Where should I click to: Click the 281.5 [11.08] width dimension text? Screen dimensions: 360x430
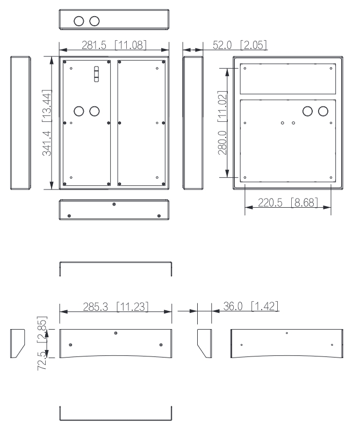pyautogui.click(x=114, y=45)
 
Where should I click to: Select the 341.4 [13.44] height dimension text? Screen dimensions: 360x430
pyautogui.click(x=47, y=122)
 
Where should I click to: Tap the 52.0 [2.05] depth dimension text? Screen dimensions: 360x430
pyautogui.click(x=240, y=45)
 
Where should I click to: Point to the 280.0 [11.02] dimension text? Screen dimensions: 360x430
pyautogui.click(x=222, y=123)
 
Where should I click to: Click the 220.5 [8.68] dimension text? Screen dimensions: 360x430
pyautogui.click(x=288, y=203)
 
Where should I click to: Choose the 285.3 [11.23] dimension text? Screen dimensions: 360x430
pyautogui.click(x=116, y=307)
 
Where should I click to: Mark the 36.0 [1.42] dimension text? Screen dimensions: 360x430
pyautogui.click(x=251, y=306)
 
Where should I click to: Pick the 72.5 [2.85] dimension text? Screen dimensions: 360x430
pyautogui.click(x=42, y=344)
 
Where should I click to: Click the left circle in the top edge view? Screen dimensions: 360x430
pyautogui.click(x=79, y=21)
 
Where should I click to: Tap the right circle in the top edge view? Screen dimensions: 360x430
pyautogui.click(x=95, y=21)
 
